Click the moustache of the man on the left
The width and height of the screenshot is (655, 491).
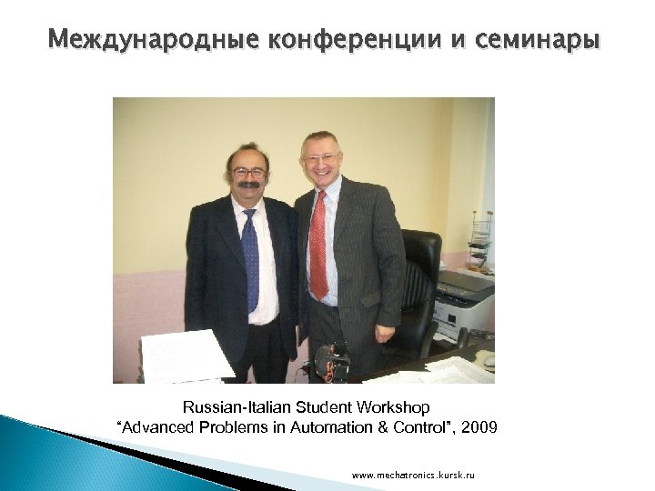tap(248, 185)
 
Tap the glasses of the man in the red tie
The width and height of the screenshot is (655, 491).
tap(320, 157)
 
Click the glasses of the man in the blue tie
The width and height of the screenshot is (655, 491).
tap(248, 172)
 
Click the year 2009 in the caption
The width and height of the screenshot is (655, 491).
tap(479, 426)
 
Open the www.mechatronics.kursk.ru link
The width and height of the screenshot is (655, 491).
tap(413, 476)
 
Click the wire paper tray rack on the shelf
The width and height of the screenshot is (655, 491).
tap(480, 241)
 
